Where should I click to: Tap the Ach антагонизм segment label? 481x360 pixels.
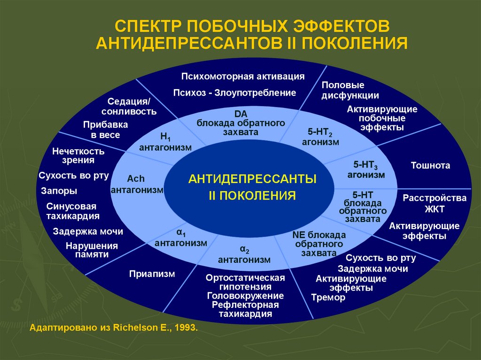(x=137, y=184)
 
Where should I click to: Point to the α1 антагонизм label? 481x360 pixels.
(x=181, y=238)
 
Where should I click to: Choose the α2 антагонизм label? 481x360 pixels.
(x=244, y=254)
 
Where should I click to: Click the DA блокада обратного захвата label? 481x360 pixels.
(x=241, y=123)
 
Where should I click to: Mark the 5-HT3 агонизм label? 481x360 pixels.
(x=366, y=169)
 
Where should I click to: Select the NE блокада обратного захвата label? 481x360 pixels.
(x=319, y=244)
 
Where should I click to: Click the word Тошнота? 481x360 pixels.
(x=430, y=165)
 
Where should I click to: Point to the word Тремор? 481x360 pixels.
(x=328, y=297)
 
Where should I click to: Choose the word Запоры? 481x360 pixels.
(x=59, y=191)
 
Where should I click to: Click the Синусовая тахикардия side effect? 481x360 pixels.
(x=73, y=211)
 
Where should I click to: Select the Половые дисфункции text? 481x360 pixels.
(x=350, y=90)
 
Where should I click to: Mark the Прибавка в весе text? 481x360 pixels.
(x=105, y=130)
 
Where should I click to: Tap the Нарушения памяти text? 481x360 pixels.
(x=92, y=250)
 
